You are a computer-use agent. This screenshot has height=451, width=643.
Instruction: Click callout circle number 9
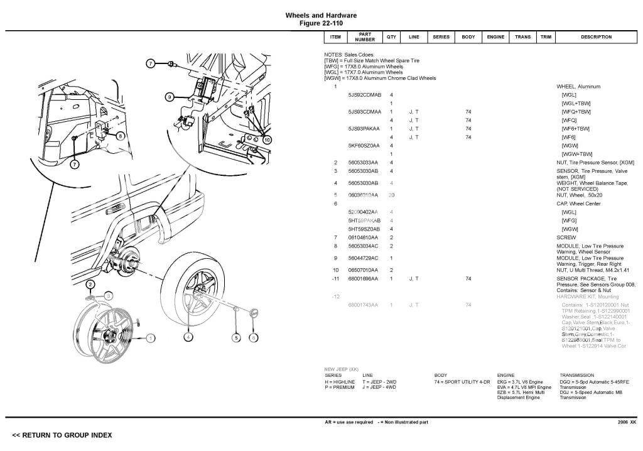click(x=169, y=97)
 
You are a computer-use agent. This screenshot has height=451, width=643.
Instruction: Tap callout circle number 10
click(x=267, y=139)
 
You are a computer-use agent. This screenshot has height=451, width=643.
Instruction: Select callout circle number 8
click(x=120, y=135)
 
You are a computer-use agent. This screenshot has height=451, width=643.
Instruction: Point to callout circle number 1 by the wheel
click(x=151, y=338)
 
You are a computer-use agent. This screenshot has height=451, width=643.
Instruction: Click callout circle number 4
click(x=188, y=337)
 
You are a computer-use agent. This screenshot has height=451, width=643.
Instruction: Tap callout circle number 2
click(x=90, y=285)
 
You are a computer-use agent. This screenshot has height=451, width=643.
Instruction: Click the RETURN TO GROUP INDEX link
click(x=62, y=435)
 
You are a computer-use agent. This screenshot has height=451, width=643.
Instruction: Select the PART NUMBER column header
click(x=365, y=37)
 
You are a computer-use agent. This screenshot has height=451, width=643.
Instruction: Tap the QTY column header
click(x=391, y=37)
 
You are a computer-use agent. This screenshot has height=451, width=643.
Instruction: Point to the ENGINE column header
click(x=495, y=37)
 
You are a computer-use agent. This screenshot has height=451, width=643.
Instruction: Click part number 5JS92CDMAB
click(x=364, y=95)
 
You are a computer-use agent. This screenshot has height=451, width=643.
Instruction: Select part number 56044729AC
click(x=363, y=258)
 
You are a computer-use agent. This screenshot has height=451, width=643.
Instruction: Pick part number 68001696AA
click(x=363, y=278)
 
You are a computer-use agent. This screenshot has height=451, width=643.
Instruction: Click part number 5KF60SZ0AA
click(x=363, y=145)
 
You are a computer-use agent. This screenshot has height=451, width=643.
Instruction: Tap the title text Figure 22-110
click(x=321, y=23)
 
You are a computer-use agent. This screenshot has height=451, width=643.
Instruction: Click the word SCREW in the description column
click(x=566, y=238)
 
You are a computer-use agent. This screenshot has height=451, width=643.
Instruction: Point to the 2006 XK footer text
click(x=627, y=422)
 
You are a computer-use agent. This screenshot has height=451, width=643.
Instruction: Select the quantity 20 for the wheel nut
click(x=391, y=195)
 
